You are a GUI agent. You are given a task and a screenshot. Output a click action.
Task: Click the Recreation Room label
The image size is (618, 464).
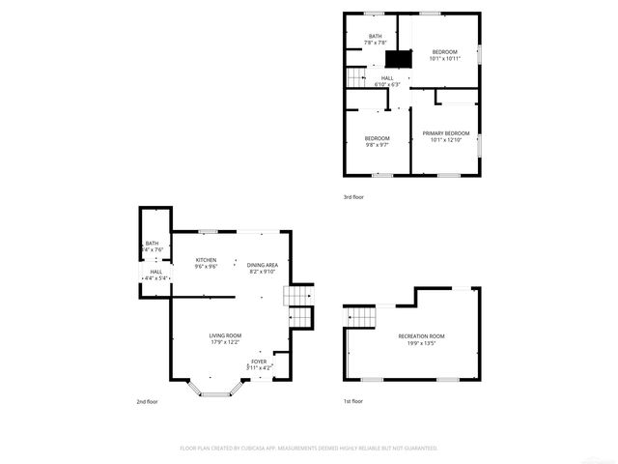tap(421, 338)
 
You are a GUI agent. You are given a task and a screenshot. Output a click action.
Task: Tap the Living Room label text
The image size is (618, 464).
tap(226, 338)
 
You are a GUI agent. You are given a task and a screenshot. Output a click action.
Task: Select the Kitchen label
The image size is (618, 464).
tap(207, 263)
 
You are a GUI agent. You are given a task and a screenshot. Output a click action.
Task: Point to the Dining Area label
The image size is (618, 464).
tap(263, 269)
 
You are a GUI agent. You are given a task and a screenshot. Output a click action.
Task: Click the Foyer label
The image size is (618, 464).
tap(259, 364)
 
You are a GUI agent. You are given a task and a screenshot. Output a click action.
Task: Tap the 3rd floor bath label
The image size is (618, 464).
tap(375, 40)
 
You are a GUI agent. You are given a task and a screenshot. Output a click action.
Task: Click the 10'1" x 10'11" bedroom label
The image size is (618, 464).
tap(444, 54)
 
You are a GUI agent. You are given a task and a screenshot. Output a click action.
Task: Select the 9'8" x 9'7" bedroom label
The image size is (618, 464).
tap(377, 142)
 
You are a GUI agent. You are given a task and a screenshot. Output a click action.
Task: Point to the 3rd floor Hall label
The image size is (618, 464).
tap(386, 81)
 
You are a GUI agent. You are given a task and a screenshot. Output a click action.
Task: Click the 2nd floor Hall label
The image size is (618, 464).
tap(155, 275)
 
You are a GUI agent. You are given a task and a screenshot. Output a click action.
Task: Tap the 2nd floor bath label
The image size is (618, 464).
tap(153, 246)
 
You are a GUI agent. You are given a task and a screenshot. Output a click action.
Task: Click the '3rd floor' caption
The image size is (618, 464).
tap(353, 197)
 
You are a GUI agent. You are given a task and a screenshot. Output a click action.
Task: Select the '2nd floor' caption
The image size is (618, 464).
tap(146, 400)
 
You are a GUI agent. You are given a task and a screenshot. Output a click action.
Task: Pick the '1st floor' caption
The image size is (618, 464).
tap(353, 400)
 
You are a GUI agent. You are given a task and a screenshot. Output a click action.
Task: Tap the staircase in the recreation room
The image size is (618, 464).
tap(361, 316)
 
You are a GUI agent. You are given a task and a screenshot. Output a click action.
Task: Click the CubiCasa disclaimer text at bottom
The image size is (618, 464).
tap(309, 449)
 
